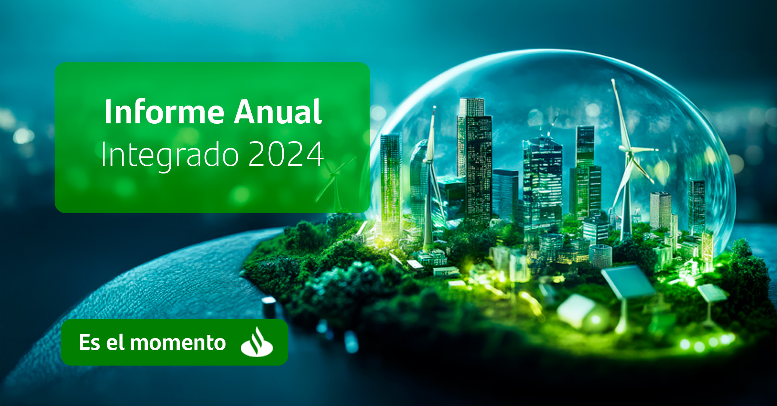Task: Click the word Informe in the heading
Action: point(164,112)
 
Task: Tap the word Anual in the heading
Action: point(278,112)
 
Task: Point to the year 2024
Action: point(286,154)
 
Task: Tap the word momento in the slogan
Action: point(178,343)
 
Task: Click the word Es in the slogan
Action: point(89,342)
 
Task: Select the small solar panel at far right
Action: point(713,293)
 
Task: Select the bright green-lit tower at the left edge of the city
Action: point(390,186)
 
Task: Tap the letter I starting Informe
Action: point(107,112)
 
